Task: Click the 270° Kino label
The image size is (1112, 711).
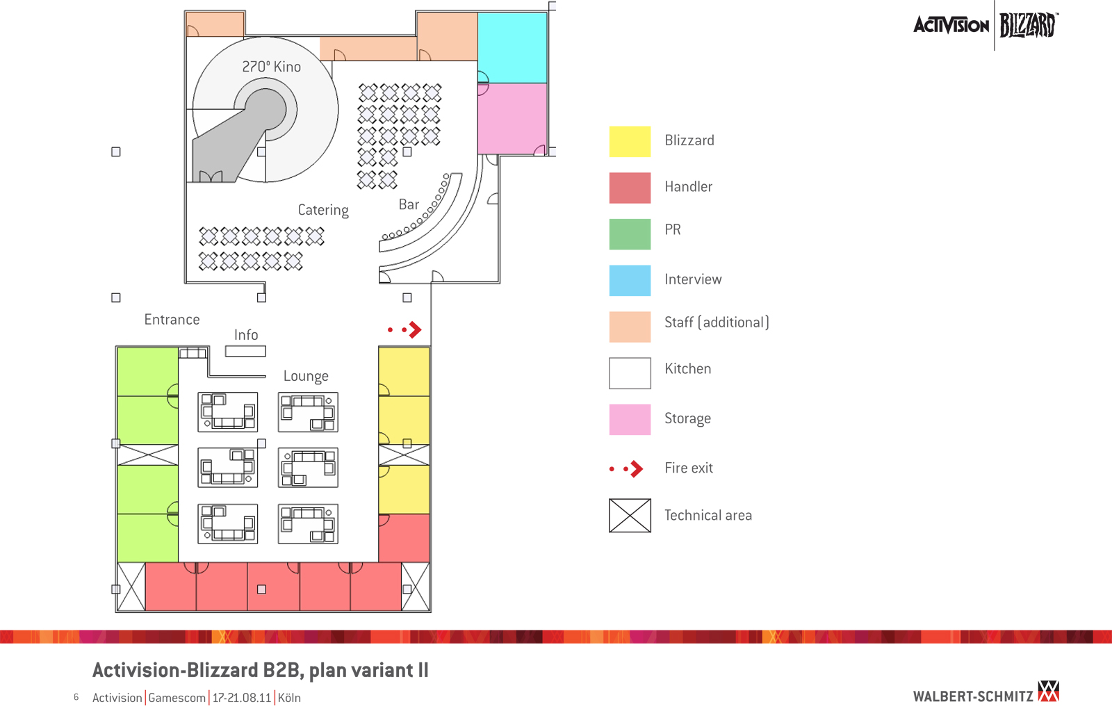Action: (x=271, y=67)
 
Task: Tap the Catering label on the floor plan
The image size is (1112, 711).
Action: (x=323, y=210)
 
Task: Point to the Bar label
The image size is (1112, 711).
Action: (x=409, y=204)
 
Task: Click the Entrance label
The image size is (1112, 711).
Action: (x=172, y=320)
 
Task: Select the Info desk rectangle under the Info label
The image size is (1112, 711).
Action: (x=245, y=352)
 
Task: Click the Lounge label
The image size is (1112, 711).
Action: (x=306, y=376)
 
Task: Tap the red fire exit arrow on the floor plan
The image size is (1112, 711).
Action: (x=414, y=329)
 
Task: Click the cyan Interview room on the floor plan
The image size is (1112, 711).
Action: (x=512, y=48)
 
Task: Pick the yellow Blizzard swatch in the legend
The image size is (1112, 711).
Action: (x=630, y=141)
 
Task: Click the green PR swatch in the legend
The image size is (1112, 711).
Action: (x=630, y=234)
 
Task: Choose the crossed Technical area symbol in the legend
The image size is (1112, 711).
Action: (x=630, y=516)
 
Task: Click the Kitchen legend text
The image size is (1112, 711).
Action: (x=687, y=369)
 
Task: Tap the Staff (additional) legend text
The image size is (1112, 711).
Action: (x=717, y=322)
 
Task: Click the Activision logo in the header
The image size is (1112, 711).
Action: (x=951, y=26)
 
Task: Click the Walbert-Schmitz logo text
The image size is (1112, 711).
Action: (x=973, y=696)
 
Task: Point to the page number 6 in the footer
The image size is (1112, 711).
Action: (x=76, y=697)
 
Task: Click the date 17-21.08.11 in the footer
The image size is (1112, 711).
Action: (x=242, y=698)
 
